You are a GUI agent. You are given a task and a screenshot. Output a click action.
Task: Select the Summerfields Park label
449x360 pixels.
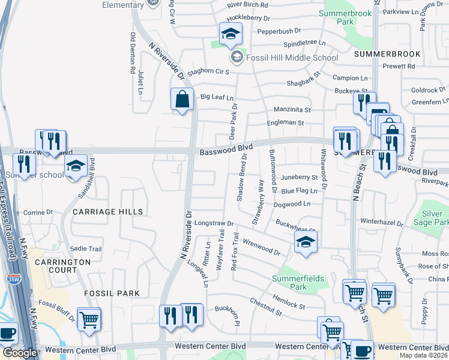[298, 283]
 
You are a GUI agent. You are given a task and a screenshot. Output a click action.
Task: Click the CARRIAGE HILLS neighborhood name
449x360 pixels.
[108, 212]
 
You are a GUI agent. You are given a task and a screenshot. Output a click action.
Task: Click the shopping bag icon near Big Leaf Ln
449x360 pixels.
[182, 99]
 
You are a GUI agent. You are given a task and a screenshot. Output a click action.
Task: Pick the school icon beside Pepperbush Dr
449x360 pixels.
[230, 35]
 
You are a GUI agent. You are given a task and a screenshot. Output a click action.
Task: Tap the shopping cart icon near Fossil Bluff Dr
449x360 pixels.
[89, 319]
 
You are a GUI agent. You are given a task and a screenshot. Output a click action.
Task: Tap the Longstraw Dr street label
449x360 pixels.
[214, 223]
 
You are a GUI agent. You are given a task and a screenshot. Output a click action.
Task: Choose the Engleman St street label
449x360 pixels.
[286, 123]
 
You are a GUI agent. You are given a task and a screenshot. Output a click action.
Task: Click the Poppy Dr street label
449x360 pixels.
[424, 311]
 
